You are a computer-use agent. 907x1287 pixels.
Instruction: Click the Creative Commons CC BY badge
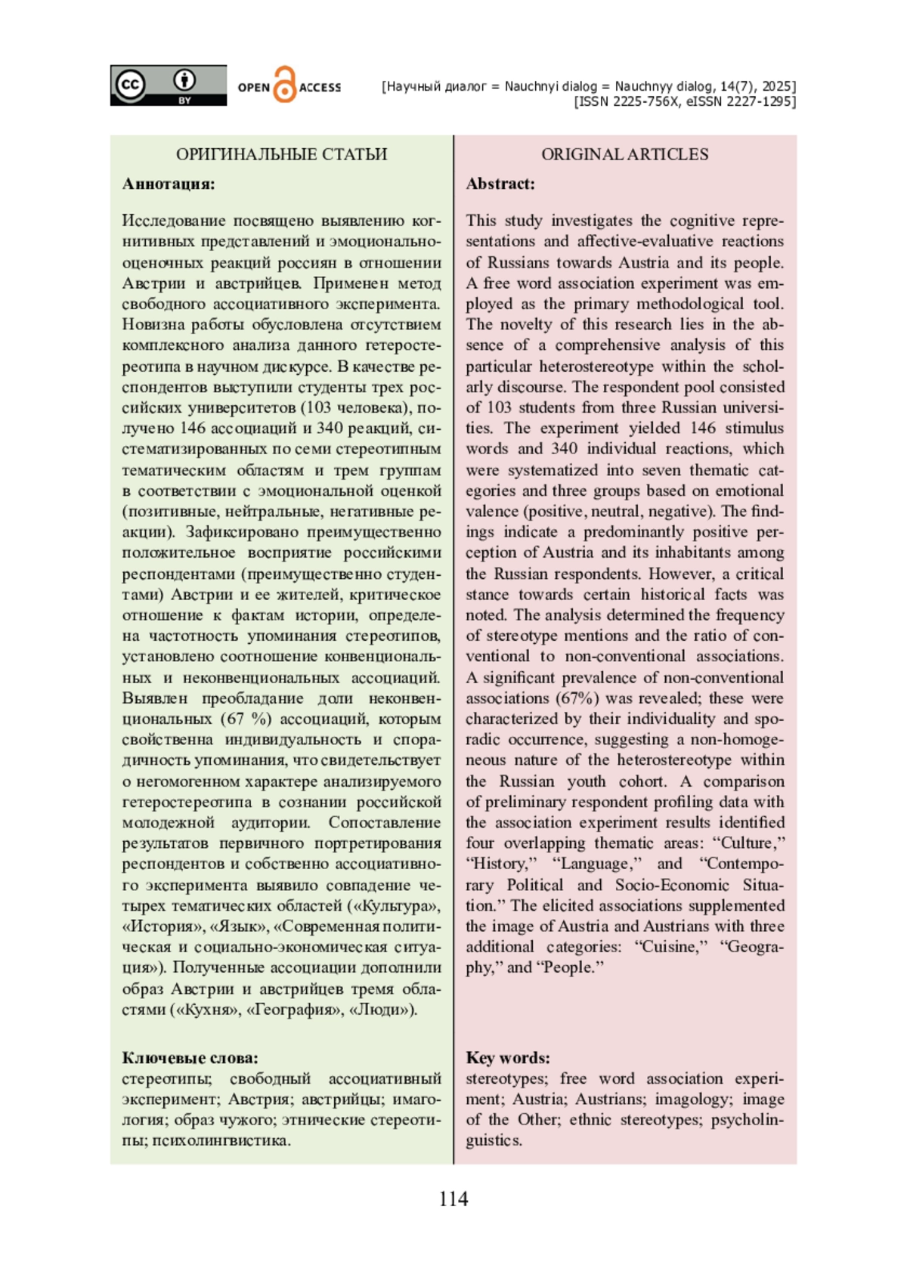point(168,85)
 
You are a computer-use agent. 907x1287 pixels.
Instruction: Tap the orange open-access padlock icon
point(284,85)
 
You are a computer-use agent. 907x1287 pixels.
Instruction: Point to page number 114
point(453,1199)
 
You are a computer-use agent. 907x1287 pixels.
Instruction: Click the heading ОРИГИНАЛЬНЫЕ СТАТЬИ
point(281,154)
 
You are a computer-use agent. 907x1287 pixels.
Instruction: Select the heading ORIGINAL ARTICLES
point(624,154)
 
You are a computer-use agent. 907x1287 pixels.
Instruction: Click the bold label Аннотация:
point(169,184)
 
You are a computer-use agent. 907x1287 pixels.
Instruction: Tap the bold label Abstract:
point(500,184)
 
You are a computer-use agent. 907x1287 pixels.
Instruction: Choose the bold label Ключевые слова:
point(190,1058)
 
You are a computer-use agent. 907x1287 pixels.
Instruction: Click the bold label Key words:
point(508,1058)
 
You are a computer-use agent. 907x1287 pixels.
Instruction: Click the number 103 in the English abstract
point(499,407)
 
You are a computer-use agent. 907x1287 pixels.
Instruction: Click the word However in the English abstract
point(683,574)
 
